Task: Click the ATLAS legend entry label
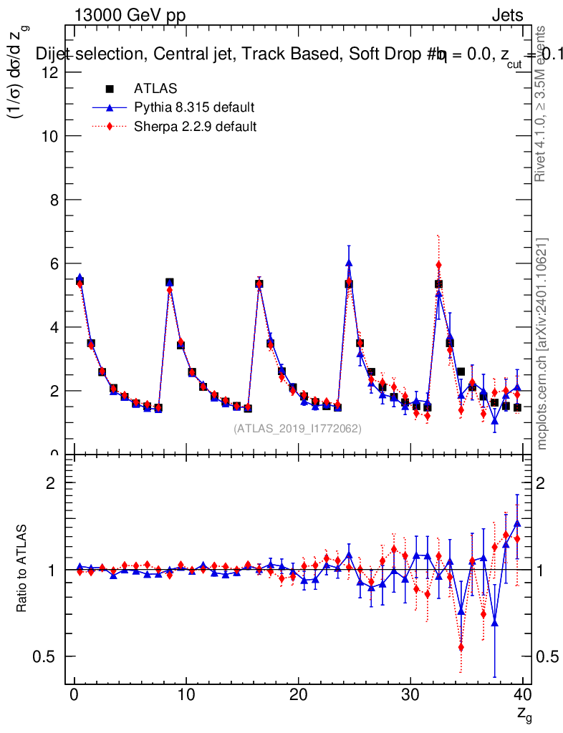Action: pyautogui.click(x=155, y=89)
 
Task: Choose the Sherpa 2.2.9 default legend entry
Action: pyautogui.click(x=196, y=127)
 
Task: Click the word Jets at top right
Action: pyautogui.click(x=507, y=16)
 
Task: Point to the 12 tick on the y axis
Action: pyautogui.click(x=49, y=72)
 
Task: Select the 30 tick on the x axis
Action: pyautogui.click(x=410, y=695)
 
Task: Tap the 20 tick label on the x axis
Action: pyautogui.click(x=299, y=695)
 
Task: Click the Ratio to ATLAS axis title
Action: pyautogui.click(x=22, y=569)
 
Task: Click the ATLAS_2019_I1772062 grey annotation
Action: pyautogui.click(x=297, y=429)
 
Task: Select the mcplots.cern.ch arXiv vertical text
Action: pyautogui.click(x=542, y=344)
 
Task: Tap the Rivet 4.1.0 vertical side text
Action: pyautogui.click(x=542, y=104)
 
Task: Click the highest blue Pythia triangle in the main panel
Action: pyautogui.click(x=349, y=263)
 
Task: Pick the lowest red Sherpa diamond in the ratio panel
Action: pyautogui.click(x=461, y=647)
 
